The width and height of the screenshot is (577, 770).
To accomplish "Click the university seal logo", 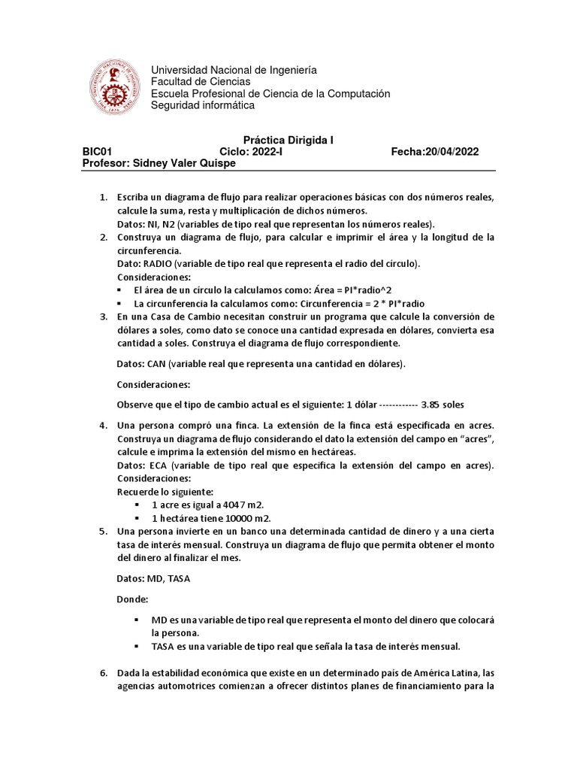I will [115, 87].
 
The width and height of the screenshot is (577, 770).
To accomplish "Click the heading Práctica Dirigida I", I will [288, 140].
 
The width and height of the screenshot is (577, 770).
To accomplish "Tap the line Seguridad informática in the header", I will [203, 105].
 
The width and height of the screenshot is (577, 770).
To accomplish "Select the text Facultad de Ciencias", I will [201, 81].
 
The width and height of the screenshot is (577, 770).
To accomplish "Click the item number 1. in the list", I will [104, 197].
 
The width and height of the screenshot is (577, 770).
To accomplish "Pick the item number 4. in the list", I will [104, 426].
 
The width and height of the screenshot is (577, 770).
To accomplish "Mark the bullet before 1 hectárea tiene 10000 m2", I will [137, 519].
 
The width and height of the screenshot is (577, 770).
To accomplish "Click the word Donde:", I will [132, 600].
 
